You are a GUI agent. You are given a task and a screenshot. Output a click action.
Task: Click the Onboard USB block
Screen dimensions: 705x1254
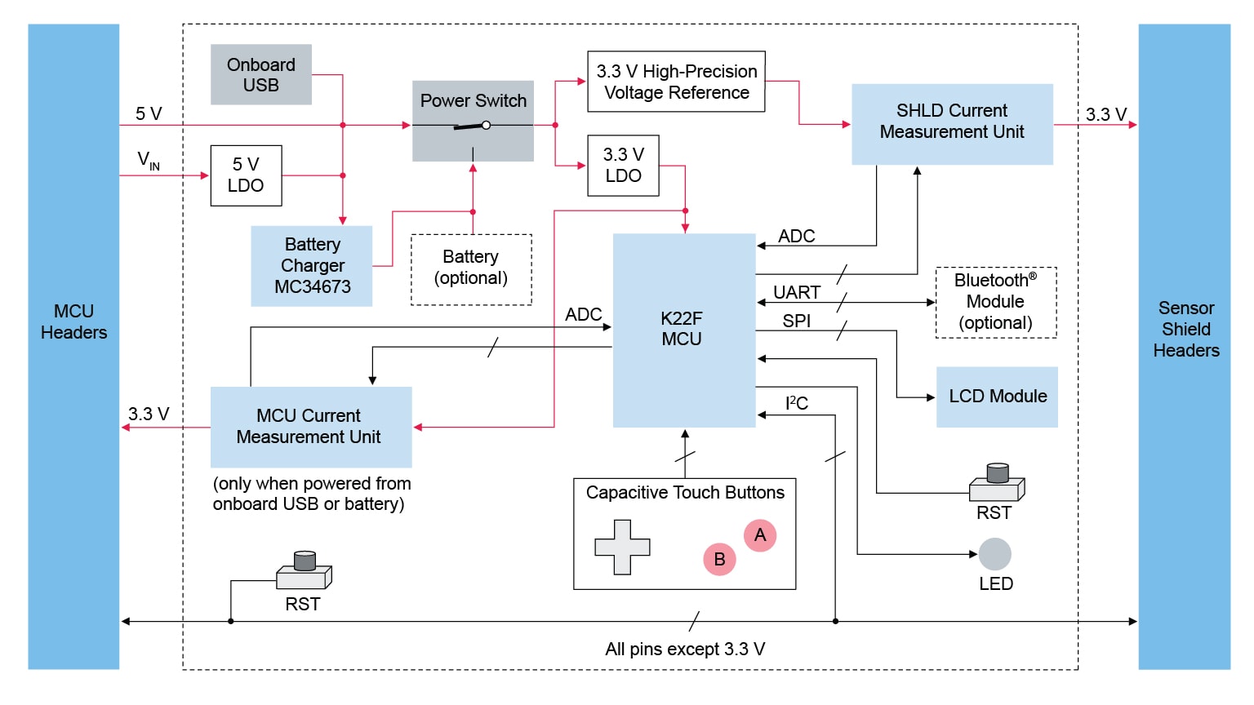pyautogui.click(x=260, y=74)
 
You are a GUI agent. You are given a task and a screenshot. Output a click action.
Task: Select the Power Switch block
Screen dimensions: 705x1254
pyautogui.click(x=473, y=120)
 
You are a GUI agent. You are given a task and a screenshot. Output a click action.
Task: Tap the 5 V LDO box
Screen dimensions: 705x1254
pyautogui.click(x=246, y=175)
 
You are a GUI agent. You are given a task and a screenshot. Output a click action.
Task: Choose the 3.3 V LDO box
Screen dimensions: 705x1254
pyautogui.click(x=623, y=166)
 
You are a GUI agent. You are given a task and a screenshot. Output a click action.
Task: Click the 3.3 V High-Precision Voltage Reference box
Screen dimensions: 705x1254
pyautogui.click(x=676, y=82)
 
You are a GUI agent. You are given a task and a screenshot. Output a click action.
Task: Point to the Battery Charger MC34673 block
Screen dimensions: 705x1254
pyautogui.click(x=312, y=266)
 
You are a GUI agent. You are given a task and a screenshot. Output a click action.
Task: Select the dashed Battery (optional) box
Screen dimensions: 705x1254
pyautogui.click(x=471, y=269)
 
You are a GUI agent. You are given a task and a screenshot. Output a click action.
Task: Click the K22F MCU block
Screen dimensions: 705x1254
pyautogui.click(x=683, y=330)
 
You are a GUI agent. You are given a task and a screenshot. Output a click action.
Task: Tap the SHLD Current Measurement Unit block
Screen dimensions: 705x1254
pyautogui.click(x=952, y=124)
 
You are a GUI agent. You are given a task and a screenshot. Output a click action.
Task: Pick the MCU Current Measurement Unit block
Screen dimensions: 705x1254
pyautogui.click(x=310, y=427)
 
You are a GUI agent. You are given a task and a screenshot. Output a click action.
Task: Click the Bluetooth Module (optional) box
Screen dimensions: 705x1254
pyautogui.click(x=995, y=302)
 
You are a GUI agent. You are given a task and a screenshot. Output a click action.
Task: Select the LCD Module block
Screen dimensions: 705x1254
pyautogui.click(x=997, y=397)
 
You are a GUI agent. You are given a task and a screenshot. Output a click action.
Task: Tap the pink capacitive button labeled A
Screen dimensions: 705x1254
pyautogui.click(x=760, y=535)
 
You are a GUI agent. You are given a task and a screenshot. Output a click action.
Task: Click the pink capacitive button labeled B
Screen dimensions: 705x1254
pyautogui.click(x=719, y=559)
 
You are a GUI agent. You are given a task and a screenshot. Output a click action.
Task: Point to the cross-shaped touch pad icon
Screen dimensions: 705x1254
pyautogui.click(x=622, y=547)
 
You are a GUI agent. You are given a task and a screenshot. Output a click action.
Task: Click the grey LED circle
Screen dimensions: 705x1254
pyautogui.click(x=994, y=554)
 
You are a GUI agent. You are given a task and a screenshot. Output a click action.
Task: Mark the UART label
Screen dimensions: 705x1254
pyautogui.click(x=797, y=292)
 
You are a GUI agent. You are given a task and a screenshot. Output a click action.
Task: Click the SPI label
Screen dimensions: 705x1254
pyautogui.click(x=797, y=321)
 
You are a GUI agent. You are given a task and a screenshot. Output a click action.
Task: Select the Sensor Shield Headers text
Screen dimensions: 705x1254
pyautogui.click(x=1185, y=329)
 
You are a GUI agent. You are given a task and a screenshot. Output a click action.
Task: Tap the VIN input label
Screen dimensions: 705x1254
pyautogui.click(x=149, y=160)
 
